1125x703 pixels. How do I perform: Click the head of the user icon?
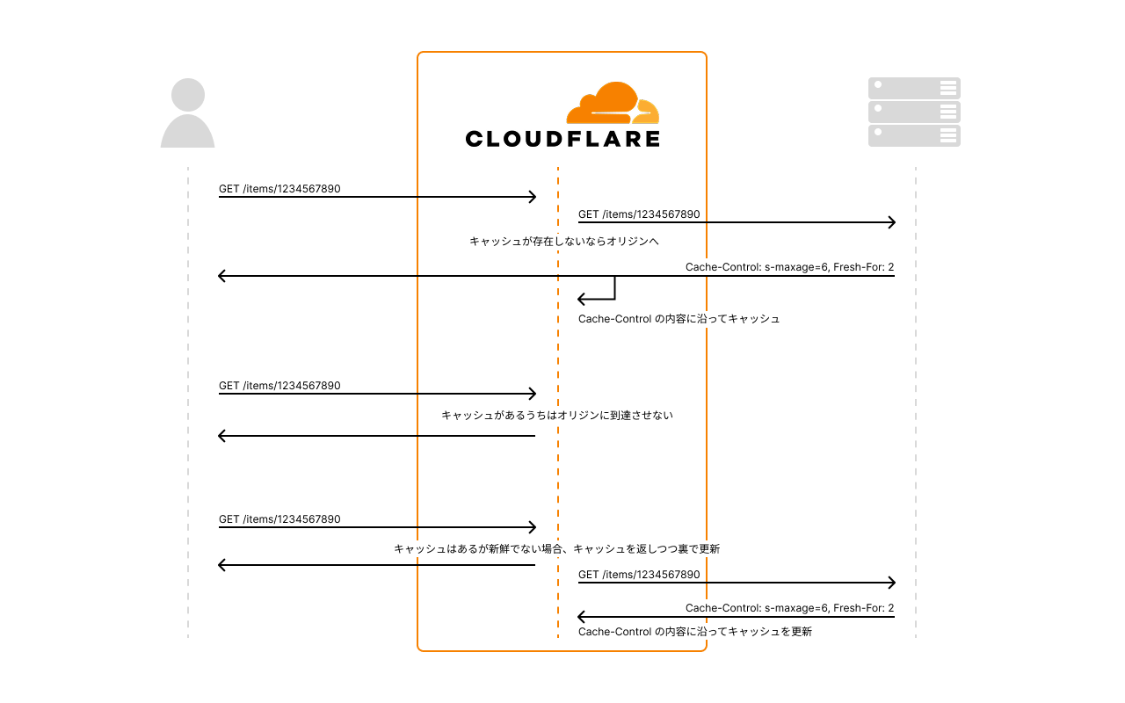tap(188, 95)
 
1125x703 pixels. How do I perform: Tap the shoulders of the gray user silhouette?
tap(187, 133)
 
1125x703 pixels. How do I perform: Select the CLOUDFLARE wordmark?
tap(562, 139)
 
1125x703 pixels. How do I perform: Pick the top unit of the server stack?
tap(914, 88)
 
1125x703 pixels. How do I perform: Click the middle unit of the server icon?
tap(914, 112)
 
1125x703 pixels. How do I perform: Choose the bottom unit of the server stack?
tap(914, 135)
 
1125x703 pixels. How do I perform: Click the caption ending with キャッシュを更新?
tap(695, 632)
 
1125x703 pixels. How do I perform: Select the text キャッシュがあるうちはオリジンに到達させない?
tap(557, 416)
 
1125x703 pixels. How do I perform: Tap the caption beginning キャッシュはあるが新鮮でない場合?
tap(557, 549)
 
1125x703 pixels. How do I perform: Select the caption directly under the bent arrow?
tap(679, 319)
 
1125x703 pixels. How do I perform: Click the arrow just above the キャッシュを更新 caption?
tap(736, 618)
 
